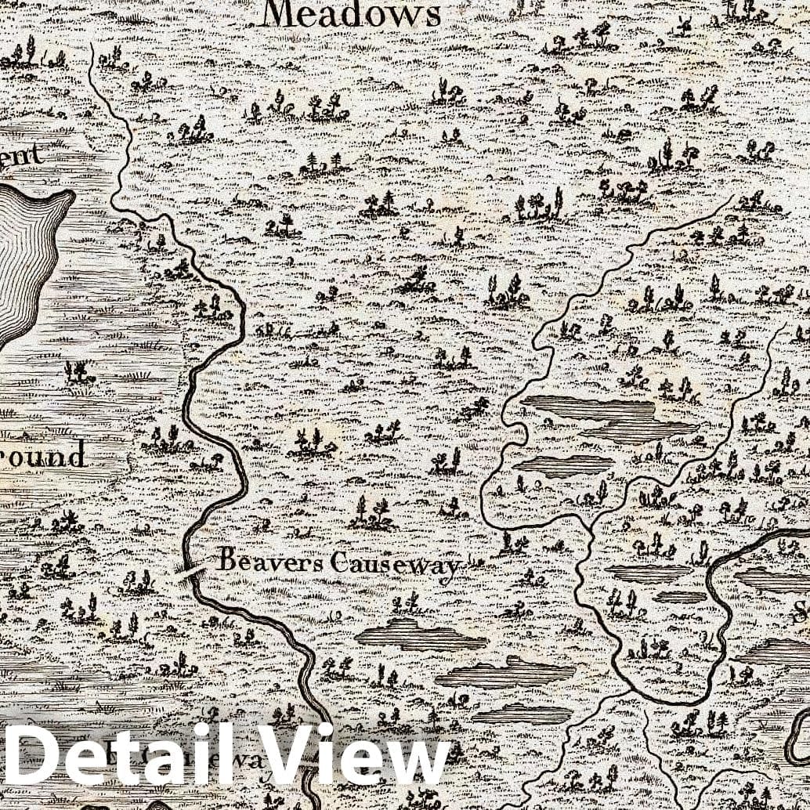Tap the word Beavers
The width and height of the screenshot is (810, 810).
(270, 560)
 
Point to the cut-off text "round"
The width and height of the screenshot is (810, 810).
(43, 454)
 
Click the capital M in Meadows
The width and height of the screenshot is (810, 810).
(277, 14)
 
